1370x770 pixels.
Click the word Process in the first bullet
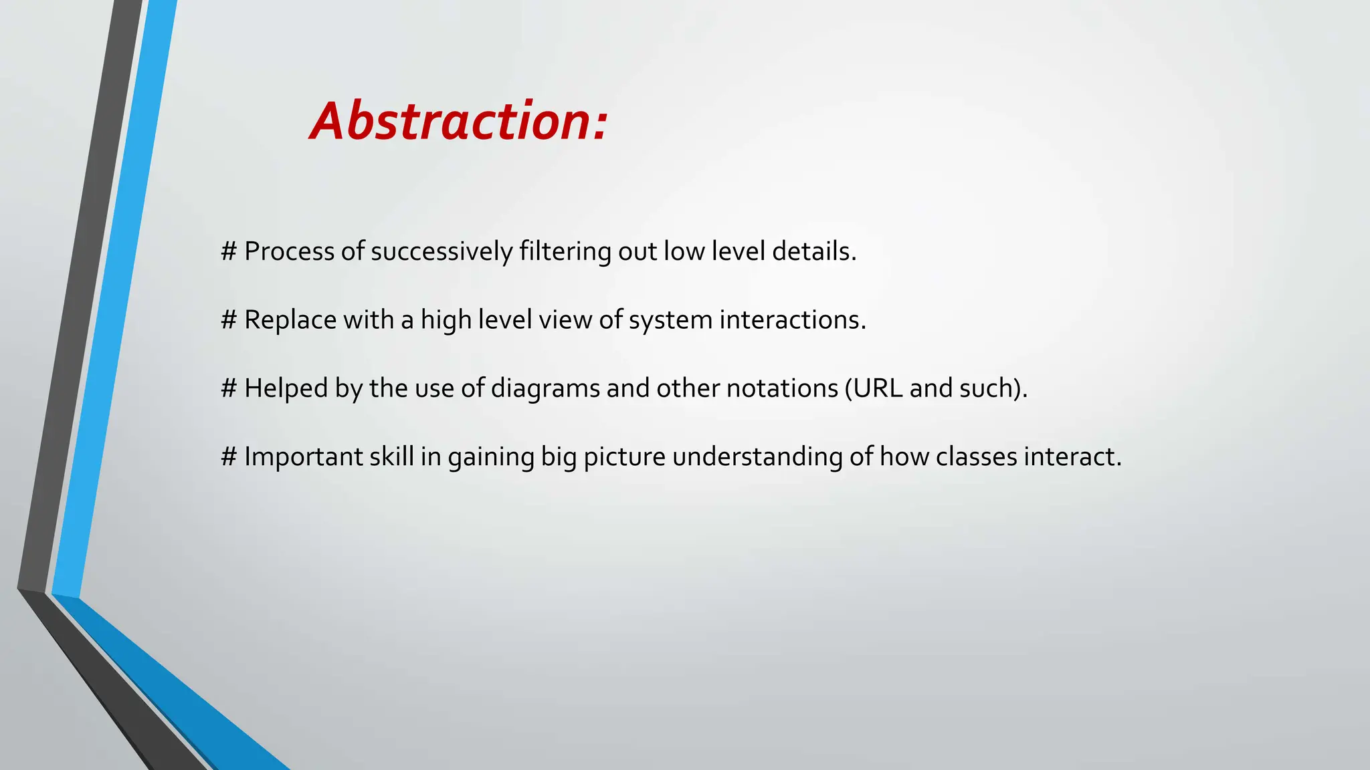(x=289, y=251)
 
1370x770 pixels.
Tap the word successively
(x=442, y=251)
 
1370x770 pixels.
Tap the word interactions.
(x=792, y=319)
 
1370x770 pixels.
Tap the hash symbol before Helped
(x=229, y=388)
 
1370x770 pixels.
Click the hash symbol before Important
(x=229, y=457)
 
